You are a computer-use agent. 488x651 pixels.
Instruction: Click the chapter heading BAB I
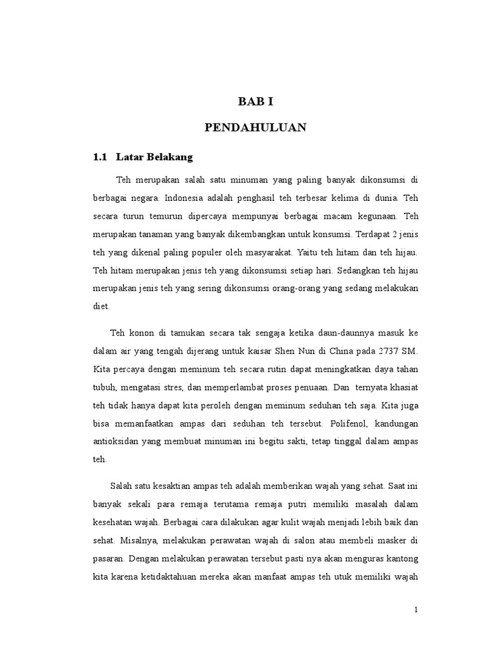click(x=255, y=101)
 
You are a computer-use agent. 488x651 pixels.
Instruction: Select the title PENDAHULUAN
click(x=255, y=128)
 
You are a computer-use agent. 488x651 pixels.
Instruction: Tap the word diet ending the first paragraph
click(x=101, y=306)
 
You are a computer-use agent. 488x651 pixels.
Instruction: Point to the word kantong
click(x=399, y=559)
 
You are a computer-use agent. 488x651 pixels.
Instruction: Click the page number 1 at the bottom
click(x=416, y=610)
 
